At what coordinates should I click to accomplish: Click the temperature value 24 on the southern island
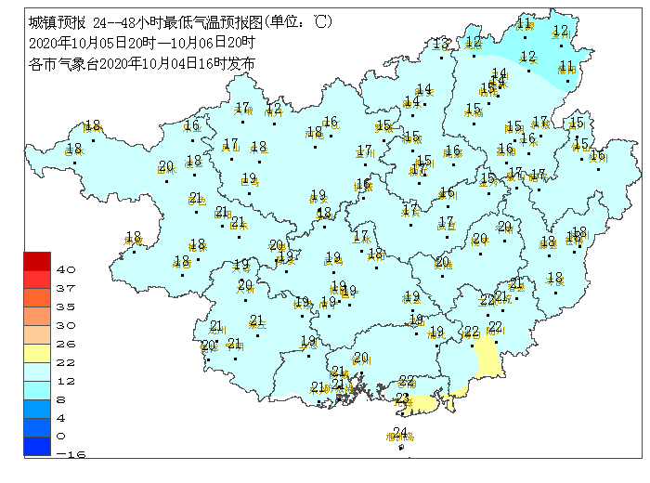point(400,431)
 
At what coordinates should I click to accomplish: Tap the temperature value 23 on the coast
point(402,398)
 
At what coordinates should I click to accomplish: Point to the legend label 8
point(60,398)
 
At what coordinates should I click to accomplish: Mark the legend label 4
point(60,417)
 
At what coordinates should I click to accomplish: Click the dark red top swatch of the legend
point(36,260)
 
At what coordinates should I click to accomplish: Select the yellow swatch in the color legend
point(36,353)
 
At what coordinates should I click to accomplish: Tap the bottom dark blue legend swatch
point(36,446)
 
